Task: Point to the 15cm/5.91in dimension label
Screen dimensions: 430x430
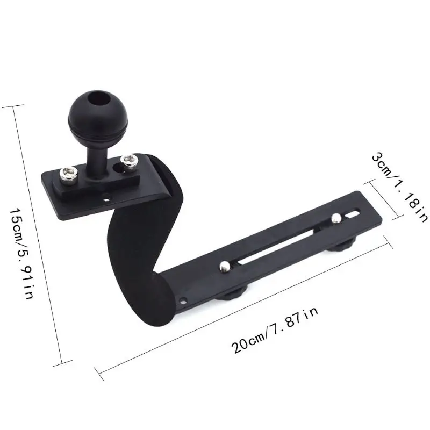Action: point(22,254)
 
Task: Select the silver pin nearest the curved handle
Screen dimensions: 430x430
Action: point(225,266)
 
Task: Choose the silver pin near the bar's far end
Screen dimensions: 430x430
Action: point(336,218)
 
